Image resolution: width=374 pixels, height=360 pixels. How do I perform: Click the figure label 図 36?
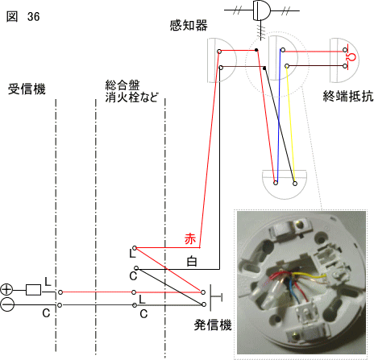click(23, 17)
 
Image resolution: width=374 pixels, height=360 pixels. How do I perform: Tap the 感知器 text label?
click(189, 26)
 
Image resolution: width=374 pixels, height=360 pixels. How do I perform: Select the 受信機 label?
click(27, 89)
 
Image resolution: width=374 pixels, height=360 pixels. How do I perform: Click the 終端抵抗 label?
click(348, 96)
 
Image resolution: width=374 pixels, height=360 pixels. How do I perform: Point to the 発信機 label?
click(213, 325)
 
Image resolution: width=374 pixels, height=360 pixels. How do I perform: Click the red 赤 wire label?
click(190, 238)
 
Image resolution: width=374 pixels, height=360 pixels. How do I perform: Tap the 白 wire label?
click(192, 262)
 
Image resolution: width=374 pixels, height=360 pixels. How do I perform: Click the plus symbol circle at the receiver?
click(6, 290)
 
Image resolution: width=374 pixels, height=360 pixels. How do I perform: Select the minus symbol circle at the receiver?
click(6, 305)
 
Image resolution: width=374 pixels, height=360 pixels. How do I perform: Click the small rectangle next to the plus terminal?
click(33, 290)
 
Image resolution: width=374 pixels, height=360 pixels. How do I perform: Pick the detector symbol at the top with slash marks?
click(261, 10)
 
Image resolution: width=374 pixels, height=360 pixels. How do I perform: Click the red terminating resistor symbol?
click(351, 57)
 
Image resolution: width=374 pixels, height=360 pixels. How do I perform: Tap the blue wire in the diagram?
click(279, 116)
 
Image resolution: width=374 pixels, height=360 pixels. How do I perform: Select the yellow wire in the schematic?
click(291, 124)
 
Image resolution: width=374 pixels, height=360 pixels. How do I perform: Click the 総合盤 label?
click(123, 85)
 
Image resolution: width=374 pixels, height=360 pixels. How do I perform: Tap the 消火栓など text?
click(131, 97)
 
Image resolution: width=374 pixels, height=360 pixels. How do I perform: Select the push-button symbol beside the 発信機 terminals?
click(214, 297)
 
